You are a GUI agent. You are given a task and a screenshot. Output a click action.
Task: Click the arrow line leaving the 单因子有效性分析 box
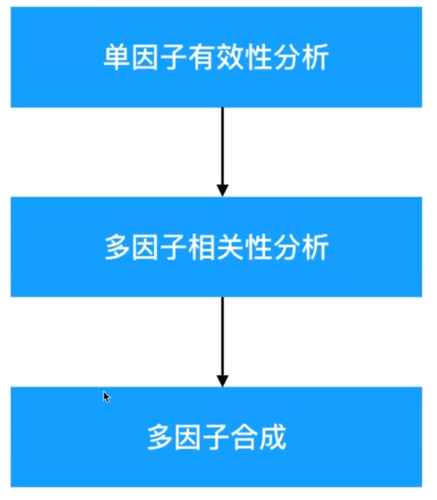coord(222,146)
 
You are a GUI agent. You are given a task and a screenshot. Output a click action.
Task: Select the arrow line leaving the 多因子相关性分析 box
coord(222,337)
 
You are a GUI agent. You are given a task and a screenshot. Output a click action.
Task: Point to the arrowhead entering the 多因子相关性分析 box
coord(222,190)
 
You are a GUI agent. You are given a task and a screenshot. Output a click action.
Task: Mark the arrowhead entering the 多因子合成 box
coord(222,380)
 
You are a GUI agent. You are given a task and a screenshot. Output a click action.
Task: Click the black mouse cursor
coord(106,397)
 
